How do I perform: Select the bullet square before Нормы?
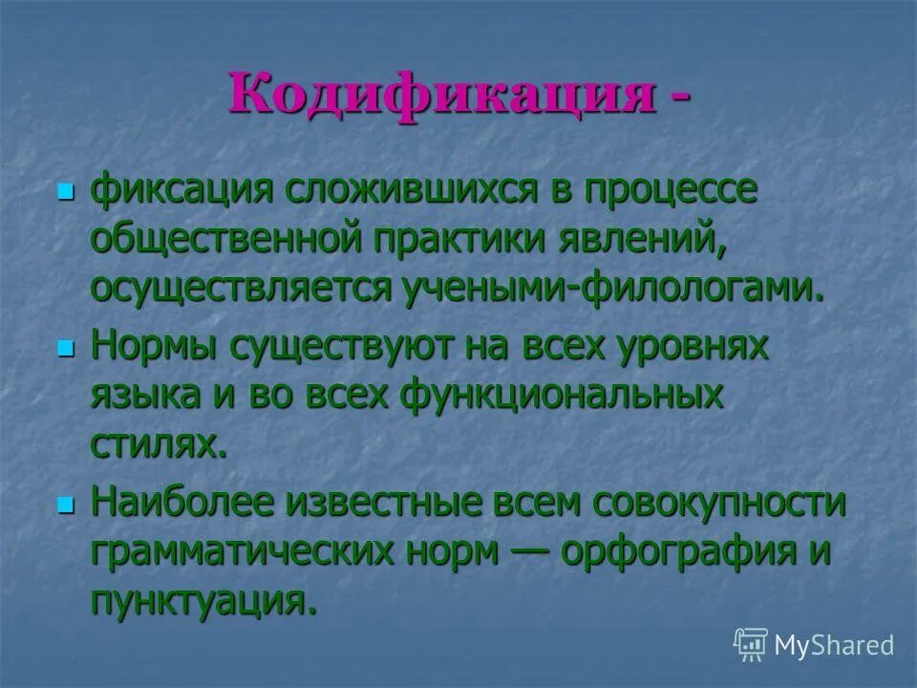(x=66, y=350)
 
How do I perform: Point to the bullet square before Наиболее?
(x=66, y=505)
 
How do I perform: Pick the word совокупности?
(x=718, y=504)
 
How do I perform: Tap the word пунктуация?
(x=203, y=602)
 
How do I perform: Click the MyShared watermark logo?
(x=813, y=644)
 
